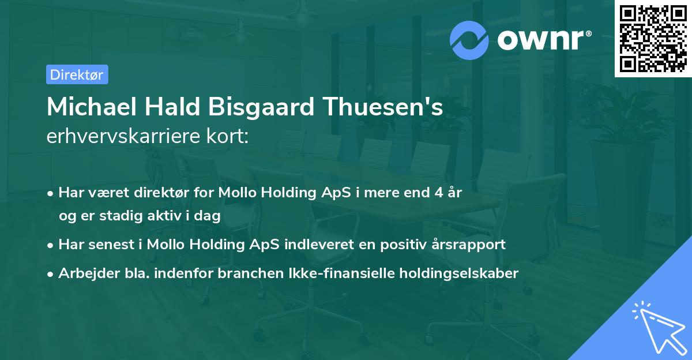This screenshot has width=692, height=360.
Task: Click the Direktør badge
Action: click(77, 74)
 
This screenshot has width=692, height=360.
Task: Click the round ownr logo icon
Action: click(469, 40)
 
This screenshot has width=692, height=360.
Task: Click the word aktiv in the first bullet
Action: click(163, 216)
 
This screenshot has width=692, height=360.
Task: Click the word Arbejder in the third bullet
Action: click(85, 273)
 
